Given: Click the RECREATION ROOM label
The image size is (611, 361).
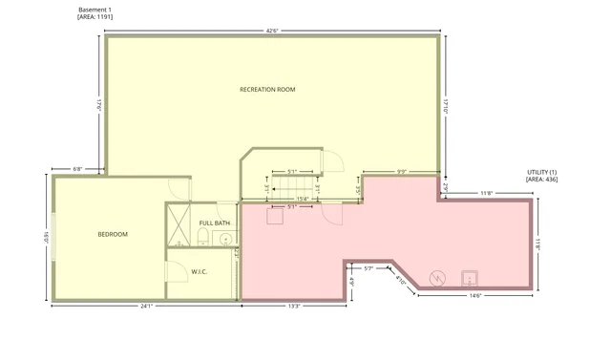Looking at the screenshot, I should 267,90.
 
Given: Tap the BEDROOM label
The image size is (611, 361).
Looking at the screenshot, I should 113,234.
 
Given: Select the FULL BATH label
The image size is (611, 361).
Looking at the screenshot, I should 215,223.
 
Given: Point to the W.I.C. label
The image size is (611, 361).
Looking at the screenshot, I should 200,272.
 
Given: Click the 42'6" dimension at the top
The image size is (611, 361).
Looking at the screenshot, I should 272,32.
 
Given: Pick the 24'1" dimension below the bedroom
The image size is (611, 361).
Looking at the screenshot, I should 146,307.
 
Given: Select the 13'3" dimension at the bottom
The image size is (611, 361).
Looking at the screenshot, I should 294,307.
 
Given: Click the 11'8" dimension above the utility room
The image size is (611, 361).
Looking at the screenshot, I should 486,194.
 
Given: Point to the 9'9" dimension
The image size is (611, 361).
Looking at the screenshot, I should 402,172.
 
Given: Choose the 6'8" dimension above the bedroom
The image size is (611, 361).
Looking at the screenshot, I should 78,169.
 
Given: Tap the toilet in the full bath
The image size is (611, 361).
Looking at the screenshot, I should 202,239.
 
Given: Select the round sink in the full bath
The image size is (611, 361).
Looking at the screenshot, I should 226,239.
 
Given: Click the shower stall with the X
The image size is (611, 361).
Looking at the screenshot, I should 178,225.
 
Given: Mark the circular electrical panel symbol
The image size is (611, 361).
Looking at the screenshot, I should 438,278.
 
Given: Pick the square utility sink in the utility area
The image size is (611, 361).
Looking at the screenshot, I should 470,278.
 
